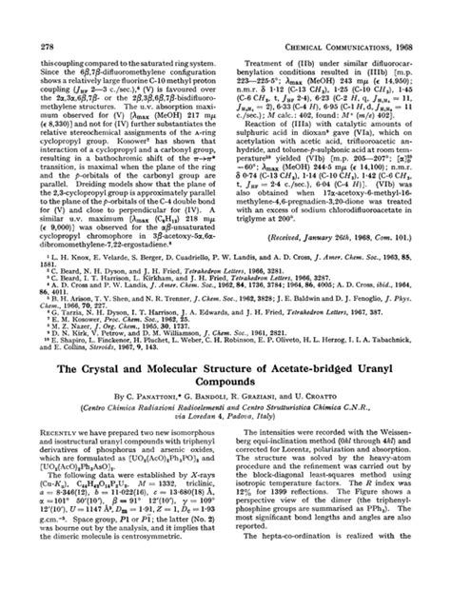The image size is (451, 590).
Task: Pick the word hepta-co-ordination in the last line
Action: click(306, 582)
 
